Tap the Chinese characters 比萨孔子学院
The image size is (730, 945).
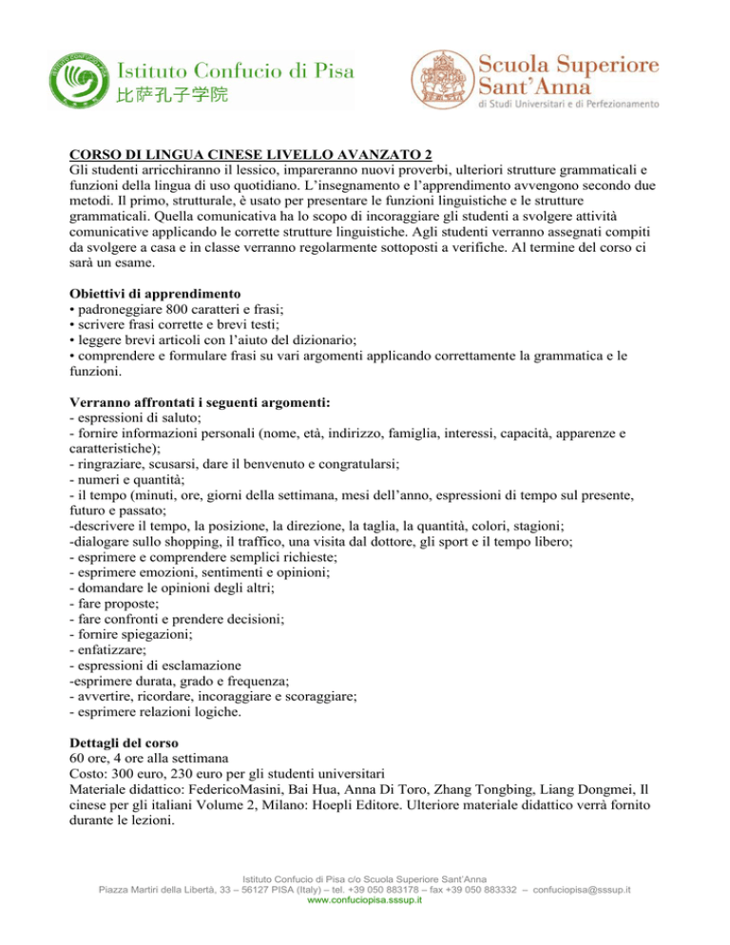(x=172, y=97)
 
